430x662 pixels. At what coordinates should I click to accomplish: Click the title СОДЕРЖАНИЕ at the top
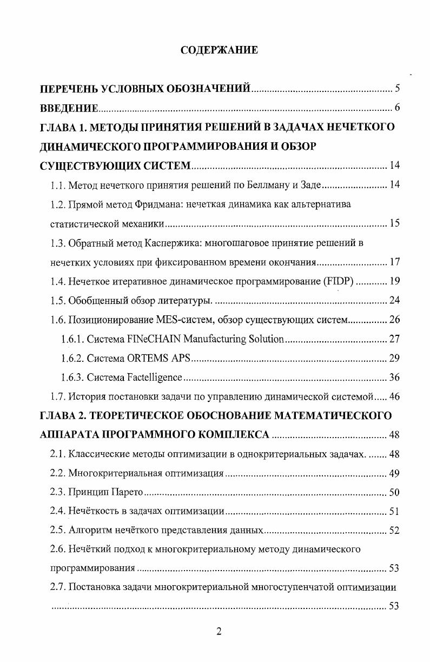click(219, 50)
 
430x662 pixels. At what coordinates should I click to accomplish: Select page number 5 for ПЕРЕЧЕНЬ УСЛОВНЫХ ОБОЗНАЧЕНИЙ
click(396, 88)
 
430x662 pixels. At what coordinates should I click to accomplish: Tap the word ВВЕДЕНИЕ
click(69, 108)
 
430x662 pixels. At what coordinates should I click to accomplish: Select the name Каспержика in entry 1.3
click(173, 243)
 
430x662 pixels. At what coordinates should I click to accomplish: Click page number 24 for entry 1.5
click(394, 300)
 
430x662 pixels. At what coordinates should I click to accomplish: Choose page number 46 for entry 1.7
click(394, 396)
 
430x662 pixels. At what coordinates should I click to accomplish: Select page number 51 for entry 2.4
click(394, 512)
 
